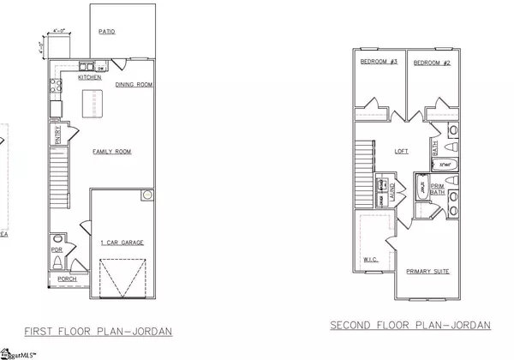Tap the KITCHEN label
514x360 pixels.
click(x=90, y=77)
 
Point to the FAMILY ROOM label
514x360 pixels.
click(x=111, y=151)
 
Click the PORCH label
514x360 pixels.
click(x=67, y=279)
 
